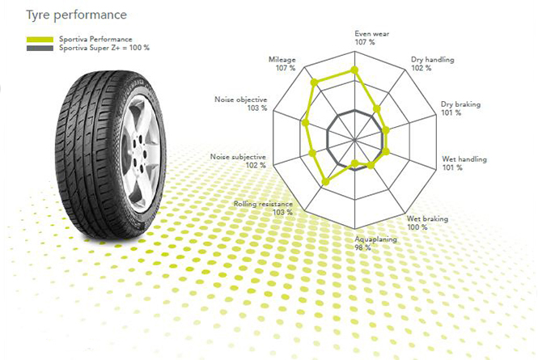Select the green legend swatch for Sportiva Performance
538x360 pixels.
click(x=40, y=39)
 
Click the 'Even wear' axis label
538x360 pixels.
click(x=371, y=34)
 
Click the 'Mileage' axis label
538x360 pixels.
click(x=284, y=60)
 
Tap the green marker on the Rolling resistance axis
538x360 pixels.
click(x=325, y=183)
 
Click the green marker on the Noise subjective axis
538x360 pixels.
click(x=312, y=151)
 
